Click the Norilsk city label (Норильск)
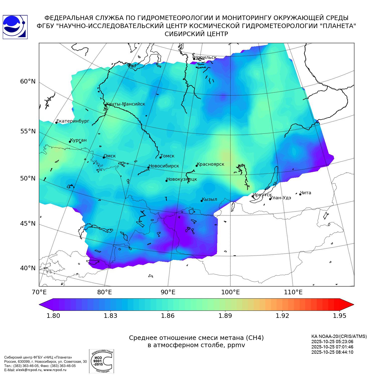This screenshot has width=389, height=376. click(205, 57)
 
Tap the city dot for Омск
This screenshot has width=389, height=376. click(104, 157)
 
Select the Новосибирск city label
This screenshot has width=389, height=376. click(164, 166)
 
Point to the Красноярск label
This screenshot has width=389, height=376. click(210, 164)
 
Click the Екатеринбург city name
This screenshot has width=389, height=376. click(73, 121)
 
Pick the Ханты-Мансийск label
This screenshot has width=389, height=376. click(125, 104)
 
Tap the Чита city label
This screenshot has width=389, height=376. click(306, 193)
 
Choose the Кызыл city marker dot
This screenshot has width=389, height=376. click(202, 201)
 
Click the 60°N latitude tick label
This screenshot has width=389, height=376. click(28, 81)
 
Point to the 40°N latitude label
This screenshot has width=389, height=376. click(28, 268)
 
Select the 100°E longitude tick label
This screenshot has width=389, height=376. click(230, 292)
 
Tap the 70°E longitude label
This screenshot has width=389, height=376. click(39, 292)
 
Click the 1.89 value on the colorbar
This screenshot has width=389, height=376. click(225, 316)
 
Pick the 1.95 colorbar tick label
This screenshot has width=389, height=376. click(340, 316)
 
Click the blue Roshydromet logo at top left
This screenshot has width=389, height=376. click(15, 27)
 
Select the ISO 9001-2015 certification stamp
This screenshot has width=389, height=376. click(101, 361)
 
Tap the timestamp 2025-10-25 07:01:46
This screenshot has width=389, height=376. click(332, 347)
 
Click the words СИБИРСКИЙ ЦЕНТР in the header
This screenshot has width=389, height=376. click(196, 34)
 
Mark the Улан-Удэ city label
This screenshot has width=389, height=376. click(281, 198)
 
